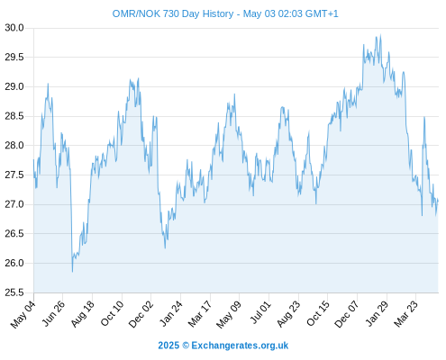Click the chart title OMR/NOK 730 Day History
click(x=173, y=13)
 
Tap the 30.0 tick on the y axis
click(x=14, y=28)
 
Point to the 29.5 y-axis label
click(x=14, y=58)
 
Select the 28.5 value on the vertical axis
click(x=14, y=116)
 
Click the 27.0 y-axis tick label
click(x=14, y=204)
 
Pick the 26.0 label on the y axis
click(x=14, y=263)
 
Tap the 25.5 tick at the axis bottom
click(x=14, y=292)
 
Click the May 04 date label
click(x=23, y=314)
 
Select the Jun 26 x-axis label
click(x=53, y=313)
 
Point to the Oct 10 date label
click(x=112, y=313)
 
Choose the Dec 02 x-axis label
click(x=141, y=314)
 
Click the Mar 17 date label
click(x=199, y=314)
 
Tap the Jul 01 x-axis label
click(x=260, y=312)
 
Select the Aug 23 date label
click(x=288, y=314)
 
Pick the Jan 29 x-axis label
click(x=377, y=313)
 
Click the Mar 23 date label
click(x=405, y=314)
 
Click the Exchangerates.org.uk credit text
click(x=240, y=346)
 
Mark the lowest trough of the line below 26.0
click(x=72, y=272)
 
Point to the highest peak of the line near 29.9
click(x=381, y=35)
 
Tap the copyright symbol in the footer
click(x=186, y=346)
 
